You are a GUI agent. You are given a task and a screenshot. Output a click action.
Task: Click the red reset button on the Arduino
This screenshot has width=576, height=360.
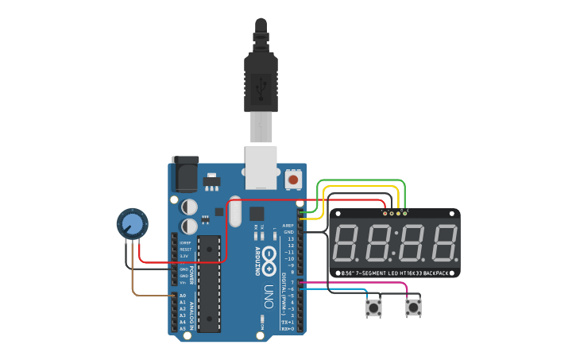293,180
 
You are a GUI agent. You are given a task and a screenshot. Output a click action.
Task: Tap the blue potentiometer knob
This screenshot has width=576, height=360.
132,225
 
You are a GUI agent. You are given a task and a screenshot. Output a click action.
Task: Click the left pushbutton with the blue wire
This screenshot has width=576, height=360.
373,308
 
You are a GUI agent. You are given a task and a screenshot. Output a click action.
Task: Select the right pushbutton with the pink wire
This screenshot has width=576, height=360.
413,308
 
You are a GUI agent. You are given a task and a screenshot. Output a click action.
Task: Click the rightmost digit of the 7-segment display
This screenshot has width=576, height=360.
443,245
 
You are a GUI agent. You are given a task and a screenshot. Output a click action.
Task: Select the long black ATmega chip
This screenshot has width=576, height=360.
208,282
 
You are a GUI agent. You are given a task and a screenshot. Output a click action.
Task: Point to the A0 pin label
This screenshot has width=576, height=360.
183,296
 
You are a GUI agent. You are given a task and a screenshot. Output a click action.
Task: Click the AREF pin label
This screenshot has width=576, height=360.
288,226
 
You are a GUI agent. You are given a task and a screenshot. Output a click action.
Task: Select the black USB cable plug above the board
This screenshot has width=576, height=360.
261,72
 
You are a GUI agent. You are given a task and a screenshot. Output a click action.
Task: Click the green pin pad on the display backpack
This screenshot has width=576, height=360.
404,212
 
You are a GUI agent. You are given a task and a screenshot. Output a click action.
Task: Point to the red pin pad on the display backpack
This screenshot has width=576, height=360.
385,212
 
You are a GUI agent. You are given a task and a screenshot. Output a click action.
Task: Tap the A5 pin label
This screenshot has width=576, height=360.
183,328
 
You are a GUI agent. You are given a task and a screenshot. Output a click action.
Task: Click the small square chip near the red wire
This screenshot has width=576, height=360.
256,213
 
